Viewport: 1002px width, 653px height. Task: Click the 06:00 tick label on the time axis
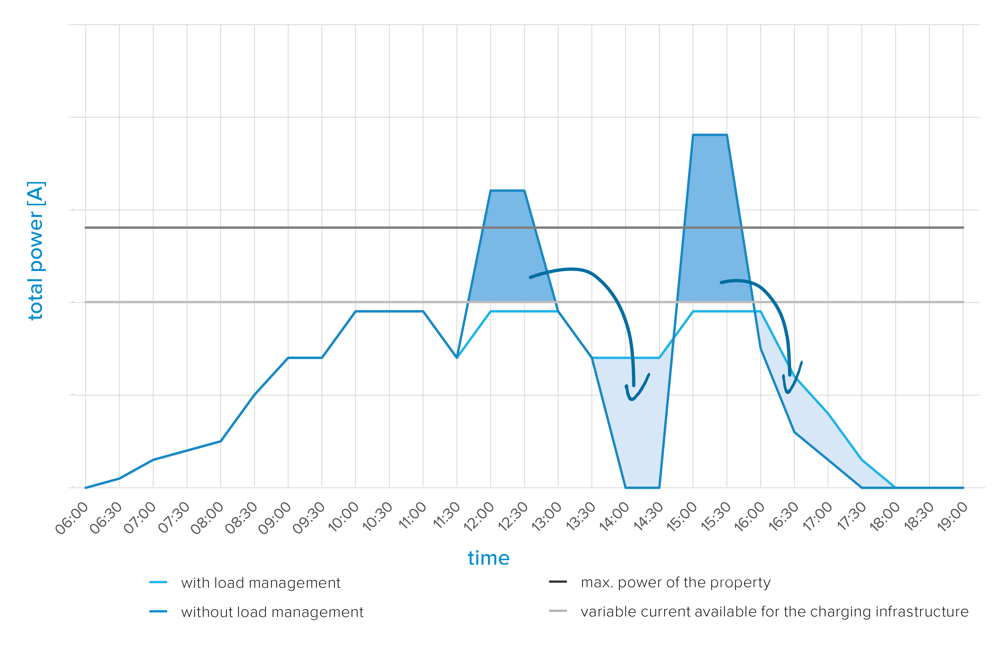tap(72, 517)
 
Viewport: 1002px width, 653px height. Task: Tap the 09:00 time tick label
tap(275, 517)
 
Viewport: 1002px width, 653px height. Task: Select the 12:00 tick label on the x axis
tap(479, 517)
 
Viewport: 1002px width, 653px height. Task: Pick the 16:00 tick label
tap(749, 517)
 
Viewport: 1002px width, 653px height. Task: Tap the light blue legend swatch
tap(161, 587)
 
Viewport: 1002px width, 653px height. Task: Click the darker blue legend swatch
tap(161, 608)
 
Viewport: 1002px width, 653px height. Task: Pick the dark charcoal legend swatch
tap(561, 586)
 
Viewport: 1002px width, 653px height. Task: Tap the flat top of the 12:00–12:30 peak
tap(507, 191)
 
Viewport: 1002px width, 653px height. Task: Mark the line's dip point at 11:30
tap(457, 358)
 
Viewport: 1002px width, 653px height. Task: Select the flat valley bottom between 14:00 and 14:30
tap(643, 488)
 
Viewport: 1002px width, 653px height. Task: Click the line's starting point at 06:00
tap(86, 488)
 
